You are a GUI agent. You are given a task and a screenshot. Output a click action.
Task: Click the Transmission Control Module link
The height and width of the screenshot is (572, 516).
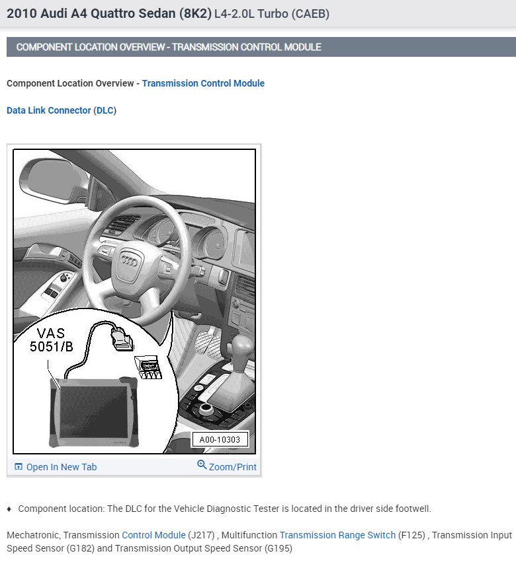coord(203,83)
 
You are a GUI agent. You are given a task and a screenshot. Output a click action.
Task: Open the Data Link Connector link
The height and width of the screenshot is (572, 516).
coord(48,110)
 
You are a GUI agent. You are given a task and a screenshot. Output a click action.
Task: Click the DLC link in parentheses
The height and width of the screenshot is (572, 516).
coord(105,110)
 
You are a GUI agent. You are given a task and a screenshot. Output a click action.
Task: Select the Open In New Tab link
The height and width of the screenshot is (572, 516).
coord(61,467)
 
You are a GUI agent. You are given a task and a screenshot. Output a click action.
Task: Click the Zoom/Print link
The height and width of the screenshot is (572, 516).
coord(232,467)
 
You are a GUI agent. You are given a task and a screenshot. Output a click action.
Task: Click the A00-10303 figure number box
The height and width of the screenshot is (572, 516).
coord(220,440)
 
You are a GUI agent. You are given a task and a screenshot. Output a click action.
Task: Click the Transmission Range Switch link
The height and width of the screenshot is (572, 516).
coord(337,535)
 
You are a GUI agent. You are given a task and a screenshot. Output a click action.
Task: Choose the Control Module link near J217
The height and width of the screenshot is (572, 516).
coord(153,535)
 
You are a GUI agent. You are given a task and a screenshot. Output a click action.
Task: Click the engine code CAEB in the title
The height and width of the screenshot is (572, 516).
coord(310,14)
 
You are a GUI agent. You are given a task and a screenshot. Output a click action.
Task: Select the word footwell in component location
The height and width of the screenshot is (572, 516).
coord(411,509)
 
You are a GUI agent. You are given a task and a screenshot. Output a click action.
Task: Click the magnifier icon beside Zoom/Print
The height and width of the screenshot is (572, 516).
coord(202,465)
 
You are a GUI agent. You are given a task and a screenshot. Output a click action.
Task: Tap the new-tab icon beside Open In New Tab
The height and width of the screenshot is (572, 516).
coord(19,467)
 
